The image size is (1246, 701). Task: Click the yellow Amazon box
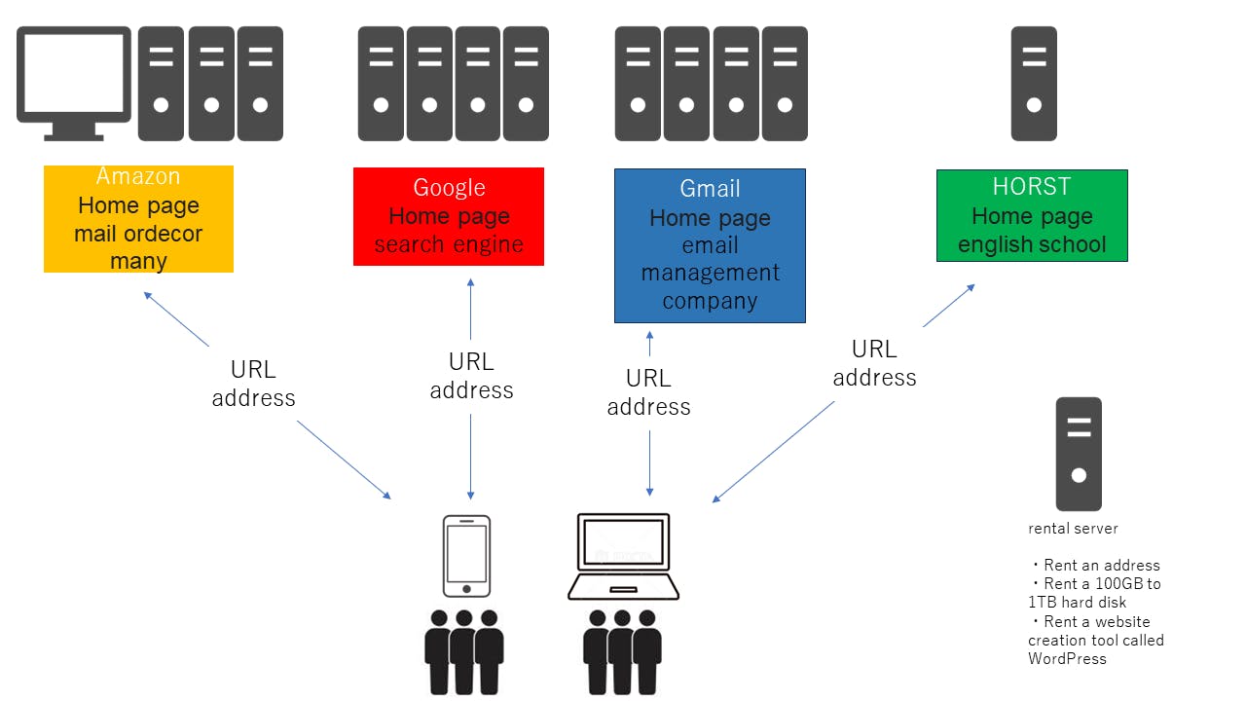(138, 219)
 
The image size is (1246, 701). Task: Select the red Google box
(448, 216)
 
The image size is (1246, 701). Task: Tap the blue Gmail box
(710, 245)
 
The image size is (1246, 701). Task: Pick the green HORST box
(1032, 215)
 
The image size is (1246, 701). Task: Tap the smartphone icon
(466, 555)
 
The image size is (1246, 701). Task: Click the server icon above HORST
(1034, 84)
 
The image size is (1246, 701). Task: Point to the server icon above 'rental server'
(1079, 454)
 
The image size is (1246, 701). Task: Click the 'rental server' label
(1073, 529)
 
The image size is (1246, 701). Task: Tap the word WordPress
(1067, 658)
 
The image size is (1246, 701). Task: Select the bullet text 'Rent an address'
(1101, 565)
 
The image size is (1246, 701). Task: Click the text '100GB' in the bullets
(1118, 584)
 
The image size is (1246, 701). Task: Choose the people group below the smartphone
(464, 650)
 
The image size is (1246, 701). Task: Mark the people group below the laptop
(623, 650)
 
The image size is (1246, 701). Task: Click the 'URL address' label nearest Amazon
(253, 384)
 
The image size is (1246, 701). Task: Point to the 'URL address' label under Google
(471, 376)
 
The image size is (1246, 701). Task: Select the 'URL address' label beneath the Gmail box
(648, 392)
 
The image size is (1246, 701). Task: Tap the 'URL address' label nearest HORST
(874, 363)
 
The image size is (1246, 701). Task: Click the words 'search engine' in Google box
(449, 244)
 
